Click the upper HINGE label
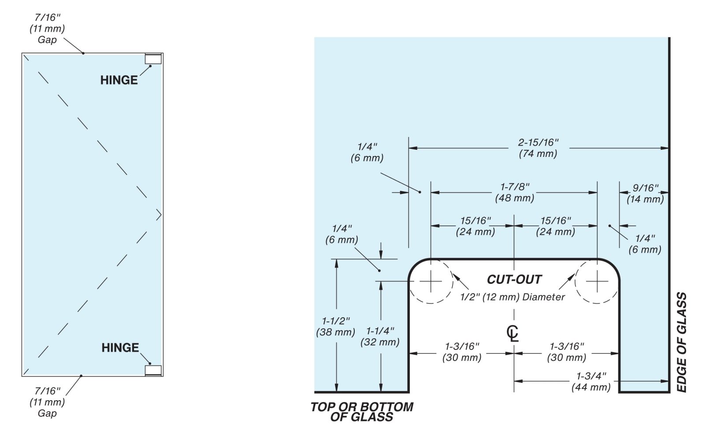(119, 80)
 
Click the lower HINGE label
(120, 348)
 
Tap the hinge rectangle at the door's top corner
(153, 59)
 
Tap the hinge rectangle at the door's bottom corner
(153, 370)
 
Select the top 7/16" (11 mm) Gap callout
(47, 29)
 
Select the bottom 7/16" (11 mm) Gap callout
(47, 402)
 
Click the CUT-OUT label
(514, 279)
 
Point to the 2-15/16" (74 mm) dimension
(538, 148)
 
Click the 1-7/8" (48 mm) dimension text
(515, 193)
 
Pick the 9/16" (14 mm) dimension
(645, 193)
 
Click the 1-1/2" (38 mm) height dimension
(335, 327)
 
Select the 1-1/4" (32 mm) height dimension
(380, 336)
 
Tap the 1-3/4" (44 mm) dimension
(591, 382)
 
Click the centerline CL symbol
(513, 333)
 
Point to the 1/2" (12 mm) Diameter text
(512, 297)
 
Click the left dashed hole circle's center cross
(430, 281)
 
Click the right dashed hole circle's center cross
(597, 281)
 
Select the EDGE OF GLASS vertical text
(681, 342)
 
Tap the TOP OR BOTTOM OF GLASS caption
(362, 412)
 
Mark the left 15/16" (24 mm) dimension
(475, 226)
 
